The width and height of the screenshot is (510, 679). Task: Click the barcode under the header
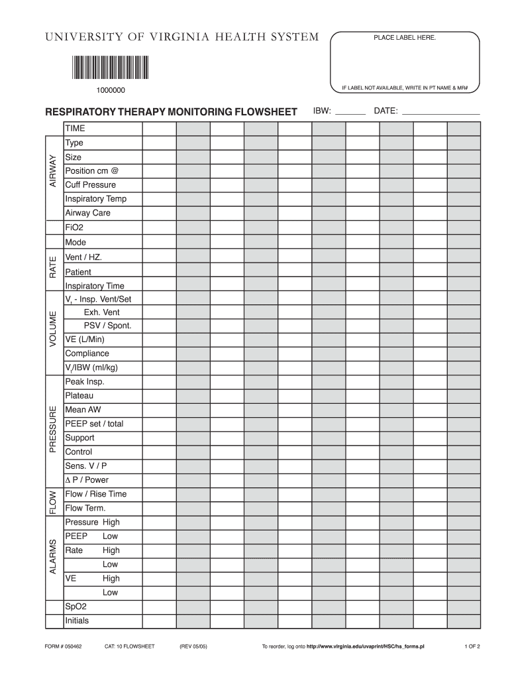tap(110, 68)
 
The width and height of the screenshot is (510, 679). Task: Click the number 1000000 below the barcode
tap(109, 90)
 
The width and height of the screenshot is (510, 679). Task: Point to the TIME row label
tap(75, 128)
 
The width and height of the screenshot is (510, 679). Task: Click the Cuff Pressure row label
tap(90, 185)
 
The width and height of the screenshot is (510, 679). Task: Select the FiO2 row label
tap(74, 227)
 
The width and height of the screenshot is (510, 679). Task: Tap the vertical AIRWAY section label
tap(54, 171)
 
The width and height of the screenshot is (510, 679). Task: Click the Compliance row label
tap(87, 353)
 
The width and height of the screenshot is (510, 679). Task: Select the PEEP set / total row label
tap(94, 424)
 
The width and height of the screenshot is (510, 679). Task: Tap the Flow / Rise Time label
tap(95, 494)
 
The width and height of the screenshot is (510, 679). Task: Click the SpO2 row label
tap(76, 607)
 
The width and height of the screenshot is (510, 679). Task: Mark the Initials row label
tap(77, 621)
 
